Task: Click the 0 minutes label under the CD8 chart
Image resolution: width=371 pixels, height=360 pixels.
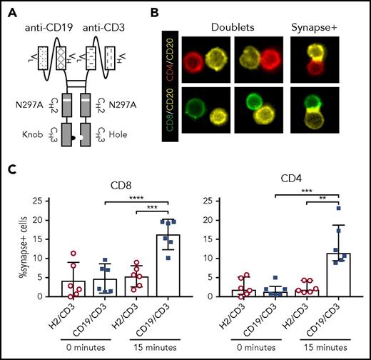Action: [83, 351]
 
